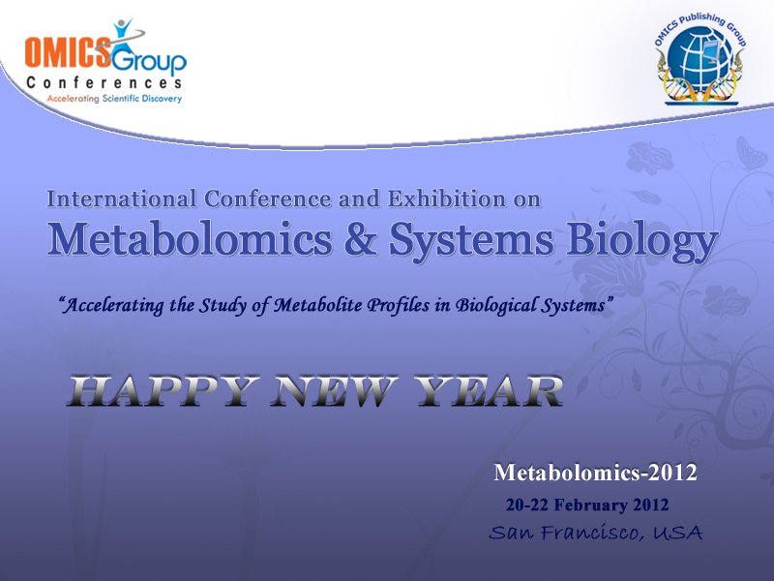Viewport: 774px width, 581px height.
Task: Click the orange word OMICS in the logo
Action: pos(68,52)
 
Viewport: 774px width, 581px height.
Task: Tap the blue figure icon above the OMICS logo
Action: pos(123,34)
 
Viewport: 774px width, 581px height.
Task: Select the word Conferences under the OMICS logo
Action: pos(104,82)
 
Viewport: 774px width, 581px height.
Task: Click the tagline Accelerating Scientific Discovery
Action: pos(114,99)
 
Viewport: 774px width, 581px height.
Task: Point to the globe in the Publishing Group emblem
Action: pos(700,58)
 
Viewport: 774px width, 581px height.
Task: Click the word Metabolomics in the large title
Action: pos(190,239)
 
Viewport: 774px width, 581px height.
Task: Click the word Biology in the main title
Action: pos(641,242)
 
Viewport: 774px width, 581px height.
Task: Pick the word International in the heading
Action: pos(122,199)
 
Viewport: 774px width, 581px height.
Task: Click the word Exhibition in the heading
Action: pos(447,199)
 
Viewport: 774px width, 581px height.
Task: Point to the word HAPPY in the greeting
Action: pos(163,391)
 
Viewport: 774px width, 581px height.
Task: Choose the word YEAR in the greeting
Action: pos(488,391)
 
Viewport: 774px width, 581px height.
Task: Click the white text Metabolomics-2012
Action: pos(595,473)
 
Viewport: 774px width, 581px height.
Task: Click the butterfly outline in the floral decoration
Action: pos(752,152)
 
